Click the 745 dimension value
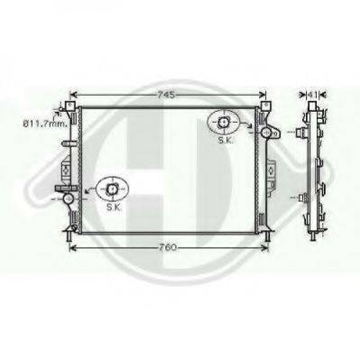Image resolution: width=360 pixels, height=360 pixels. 166,95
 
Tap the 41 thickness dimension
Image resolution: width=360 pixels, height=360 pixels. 312,95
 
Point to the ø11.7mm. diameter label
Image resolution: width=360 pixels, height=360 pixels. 46,123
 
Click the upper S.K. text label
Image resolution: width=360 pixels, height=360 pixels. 225,140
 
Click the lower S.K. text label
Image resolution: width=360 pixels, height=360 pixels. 114,207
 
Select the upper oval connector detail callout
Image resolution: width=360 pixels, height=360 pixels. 223,122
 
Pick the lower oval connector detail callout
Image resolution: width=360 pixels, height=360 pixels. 112,189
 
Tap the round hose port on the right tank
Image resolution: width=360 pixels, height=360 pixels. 266,132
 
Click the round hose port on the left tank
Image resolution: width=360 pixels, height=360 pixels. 69,198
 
